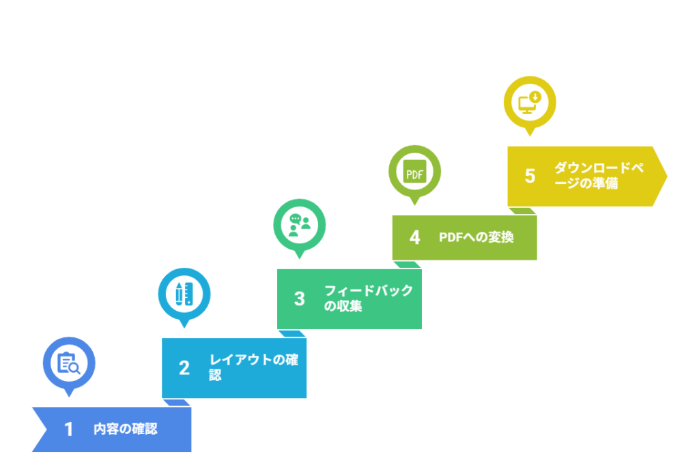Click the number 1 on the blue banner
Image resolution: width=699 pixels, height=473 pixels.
pyautogui.click(x=68, y=429)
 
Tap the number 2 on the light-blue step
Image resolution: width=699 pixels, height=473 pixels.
pyautogui.click(x=184, y=368)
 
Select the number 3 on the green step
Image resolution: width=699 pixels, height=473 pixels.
pyautogui.click(x=300, y=299)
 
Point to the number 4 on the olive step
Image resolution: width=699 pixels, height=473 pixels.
pyautogui.click(x=414, y=238)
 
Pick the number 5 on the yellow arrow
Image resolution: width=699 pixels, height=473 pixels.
pyautogui.click(x=530, y=177)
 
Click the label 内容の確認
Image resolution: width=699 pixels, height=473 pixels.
pyautogui.click(x=126, y=429)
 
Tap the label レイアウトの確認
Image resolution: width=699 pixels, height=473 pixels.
pyautogui.click(x=254, y=367)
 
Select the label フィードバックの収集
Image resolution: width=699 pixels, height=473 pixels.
pyautogui.click(x=369, y=298)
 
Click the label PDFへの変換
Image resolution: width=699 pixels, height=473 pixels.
pyautogui.click(x=476, y=237)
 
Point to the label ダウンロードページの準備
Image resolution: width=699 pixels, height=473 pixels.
pyautogui.click(x=599, y=175)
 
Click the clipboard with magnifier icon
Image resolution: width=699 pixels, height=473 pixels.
pyautogui.click(x=69, y=363)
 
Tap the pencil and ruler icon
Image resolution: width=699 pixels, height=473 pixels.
pyautogui.click(x=184, y=294)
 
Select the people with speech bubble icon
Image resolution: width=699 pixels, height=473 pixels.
pyautogui.click(x=300, y=225)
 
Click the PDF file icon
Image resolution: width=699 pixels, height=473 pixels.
pyautogui.click(x=414, y=172)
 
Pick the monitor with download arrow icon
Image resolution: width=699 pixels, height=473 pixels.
pyautogui.click(x=530, y=102)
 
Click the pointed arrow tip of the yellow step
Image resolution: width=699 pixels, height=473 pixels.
pyautogui.click(x=667, y=177)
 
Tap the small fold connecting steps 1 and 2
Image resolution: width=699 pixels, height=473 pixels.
pyautogui.click(x=177, y=403)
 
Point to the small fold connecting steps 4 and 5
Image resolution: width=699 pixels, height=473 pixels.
pyautogui.click(x=522, y=211)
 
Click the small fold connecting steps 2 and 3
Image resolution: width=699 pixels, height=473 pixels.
pyautogui.click(x=292, y=334)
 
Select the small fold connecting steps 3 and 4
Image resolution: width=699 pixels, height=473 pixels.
pyautogui.click(x=407, y=264)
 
